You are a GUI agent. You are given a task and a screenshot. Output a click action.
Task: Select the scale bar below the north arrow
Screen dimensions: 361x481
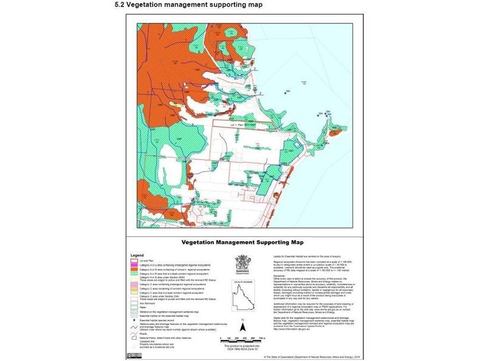click(244, 341)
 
